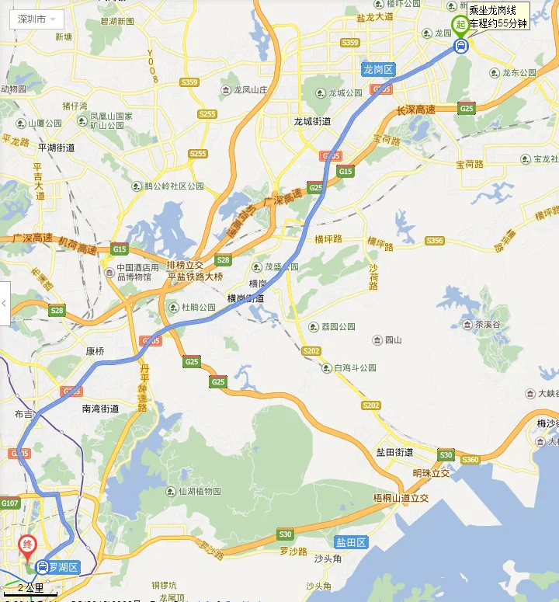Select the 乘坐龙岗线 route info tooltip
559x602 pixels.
click(x=498, y=16)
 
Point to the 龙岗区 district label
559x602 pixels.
click(x=379, y=70)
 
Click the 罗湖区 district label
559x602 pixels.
click(x=64, y=568)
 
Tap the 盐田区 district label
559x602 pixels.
click(x=351, y=542)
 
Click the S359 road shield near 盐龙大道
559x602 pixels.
click(x=349, y=43)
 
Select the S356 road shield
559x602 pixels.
click(x=435, y=242)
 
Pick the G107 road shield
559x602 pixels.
click(x=9, y=504)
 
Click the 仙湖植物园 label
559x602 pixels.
click(x=200, y=492)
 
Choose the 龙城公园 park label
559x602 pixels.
click(x=345, y=93)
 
